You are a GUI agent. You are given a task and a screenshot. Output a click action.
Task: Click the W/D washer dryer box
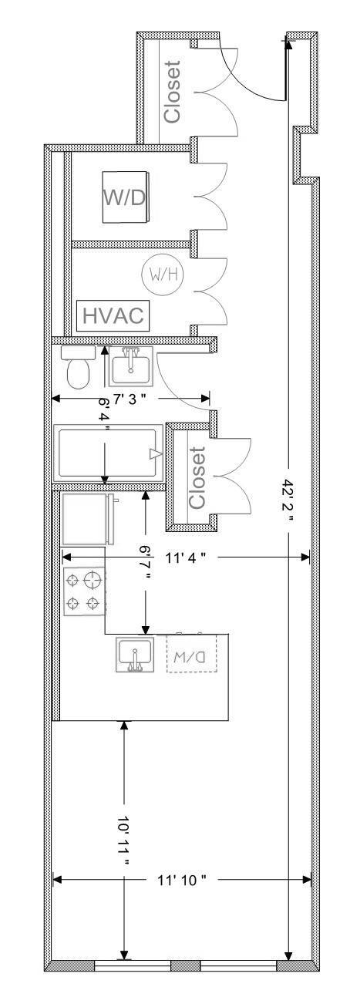pos(124,197)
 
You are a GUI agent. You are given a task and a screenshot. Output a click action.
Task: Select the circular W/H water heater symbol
pos(161,274)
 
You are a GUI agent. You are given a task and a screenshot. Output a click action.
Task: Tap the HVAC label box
pos(114,316)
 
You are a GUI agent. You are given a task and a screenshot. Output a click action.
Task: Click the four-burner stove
pos(84,591)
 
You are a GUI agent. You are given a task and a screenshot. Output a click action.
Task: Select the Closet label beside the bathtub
pos(197,477)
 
